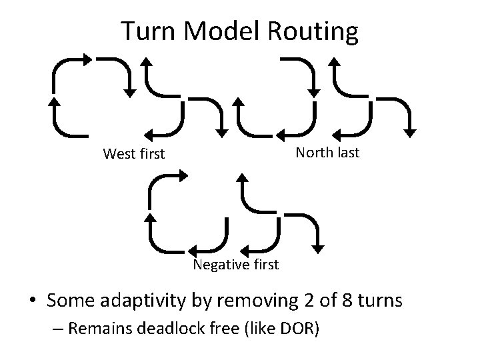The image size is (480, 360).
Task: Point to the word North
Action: click(x=316, y=153)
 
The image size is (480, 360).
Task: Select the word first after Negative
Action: click(x=265, y=265)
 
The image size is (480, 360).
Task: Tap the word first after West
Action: click(x=153, y=154)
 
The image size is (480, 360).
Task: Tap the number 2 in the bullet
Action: click(x=289, y=301)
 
